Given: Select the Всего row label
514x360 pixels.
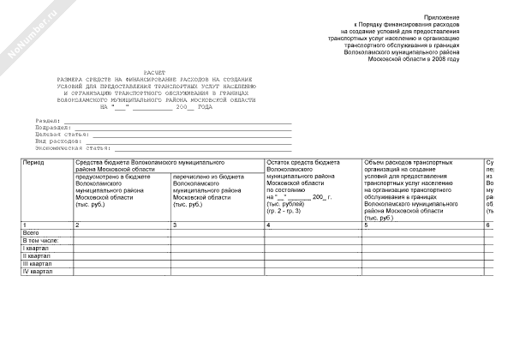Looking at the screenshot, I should [32, 232].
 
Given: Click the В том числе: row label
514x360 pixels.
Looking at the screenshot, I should [39, 240].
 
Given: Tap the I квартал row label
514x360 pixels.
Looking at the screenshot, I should [36, 248].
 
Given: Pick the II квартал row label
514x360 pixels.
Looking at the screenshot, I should [37, 255].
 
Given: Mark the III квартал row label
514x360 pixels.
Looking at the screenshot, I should [38, 263].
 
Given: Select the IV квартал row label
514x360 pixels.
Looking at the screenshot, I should [38, 271].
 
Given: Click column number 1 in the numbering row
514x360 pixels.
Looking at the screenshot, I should [25, 225].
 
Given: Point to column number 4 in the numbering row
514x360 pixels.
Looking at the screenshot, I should [269, 225].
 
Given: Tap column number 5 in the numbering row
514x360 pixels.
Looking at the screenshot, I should [366, 225].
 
